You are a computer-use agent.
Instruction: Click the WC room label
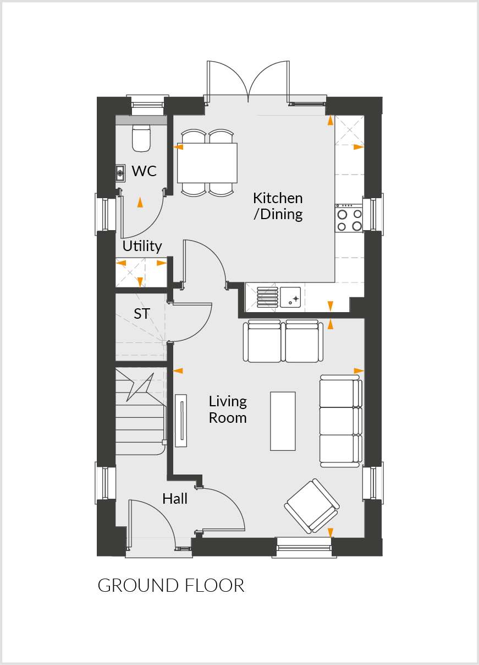coord(144,171)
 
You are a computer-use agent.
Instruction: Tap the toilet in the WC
coord(141,138)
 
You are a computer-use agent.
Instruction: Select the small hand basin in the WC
coord(120,173)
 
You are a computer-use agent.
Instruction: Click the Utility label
coord(142,246)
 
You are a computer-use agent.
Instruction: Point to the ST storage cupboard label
coord(142,314)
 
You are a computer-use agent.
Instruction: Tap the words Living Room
coord(228,410)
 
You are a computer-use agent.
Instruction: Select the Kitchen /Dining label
coord(278,206)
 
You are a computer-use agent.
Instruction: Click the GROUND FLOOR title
coord(171,585)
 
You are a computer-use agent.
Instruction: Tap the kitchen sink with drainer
coord(278,297)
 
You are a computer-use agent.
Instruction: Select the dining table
coord(207,163)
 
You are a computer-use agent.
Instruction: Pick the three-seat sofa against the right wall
coord(341,421)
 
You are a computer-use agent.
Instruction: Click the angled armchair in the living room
coord(312,506)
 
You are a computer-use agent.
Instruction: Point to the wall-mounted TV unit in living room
coord(180,420)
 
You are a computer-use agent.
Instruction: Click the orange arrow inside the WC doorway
coord(140,203)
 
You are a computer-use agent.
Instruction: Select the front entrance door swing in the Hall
coord(151,524)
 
